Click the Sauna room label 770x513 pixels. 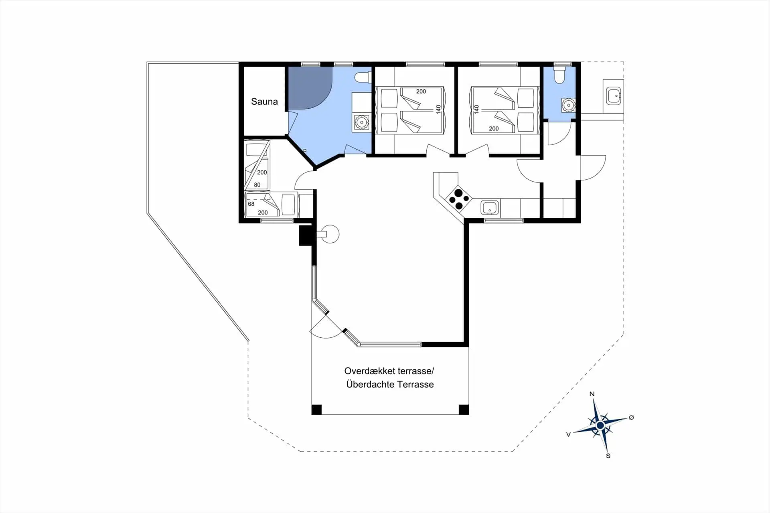264,101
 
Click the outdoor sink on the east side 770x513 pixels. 614,96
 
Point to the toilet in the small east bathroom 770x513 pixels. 559,75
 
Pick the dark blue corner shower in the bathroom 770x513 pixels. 310,88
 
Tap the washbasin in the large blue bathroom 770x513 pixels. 361,122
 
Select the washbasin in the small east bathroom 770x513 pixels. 568,105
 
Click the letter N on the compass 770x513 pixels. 592,394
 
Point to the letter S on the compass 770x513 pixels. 608,456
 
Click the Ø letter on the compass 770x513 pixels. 631,418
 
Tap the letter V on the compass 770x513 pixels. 568,434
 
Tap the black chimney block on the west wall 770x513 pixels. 306,235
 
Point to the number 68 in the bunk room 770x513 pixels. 251,204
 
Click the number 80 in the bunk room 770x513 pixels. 257,185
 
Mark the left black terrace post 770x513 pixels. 316,410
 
